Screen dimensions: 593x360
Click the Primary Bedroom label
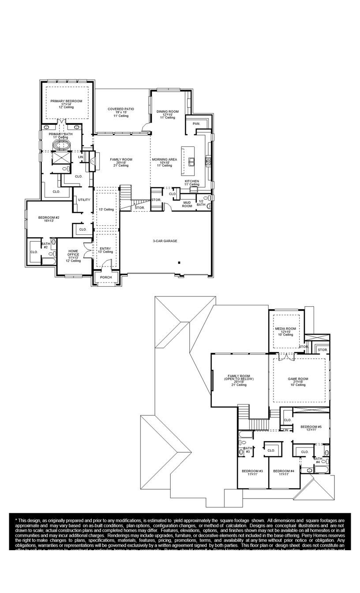pyautogui.click(x=66, y=101)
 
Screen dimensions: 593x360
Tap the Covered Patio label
pyautogui.click(x=120, y=109)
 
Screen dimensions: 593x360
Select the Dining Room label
pyautogui.click(x=168, y=112)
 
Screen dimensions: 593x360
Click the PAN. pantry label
pyautogui.click(x=196, y=124)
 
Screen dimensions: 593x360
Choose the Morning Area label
pyautogui.click(x=165, y=159)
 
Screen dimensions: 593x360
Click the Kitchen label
pyautogui.click(x=192, y=181)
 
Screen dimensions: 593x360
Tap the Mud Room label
pyautogui.click(x=187, y=204)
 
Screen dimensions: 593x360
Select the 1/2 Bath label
pyautogui.click(x=201, y=203)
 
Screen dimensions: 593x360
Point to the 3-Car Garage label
pyautogui.click(x=165, y=241)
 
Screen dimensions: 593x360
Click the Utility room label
pyautogui.click(x=84, y=200)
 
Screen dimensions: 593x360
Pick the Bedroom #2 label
pyautogui.click(x=49, y=218)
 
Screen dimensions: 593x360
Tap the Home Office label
pyautogui.click(x=73, y=253)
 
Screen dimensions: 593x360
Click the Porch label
pyautogui.click(x=106, y=278)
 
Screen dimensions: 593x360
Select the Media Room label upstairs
pyautogui.click(x=285, y=329)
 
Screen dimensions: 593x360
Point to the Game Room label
pyautogui.click(x=298, y=379)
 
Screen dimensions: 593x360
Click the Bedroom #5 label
pyautogui.click(x=311, y=427)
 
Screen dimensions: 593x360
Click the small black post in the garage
pyautogui.click(x=179, y=263)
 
